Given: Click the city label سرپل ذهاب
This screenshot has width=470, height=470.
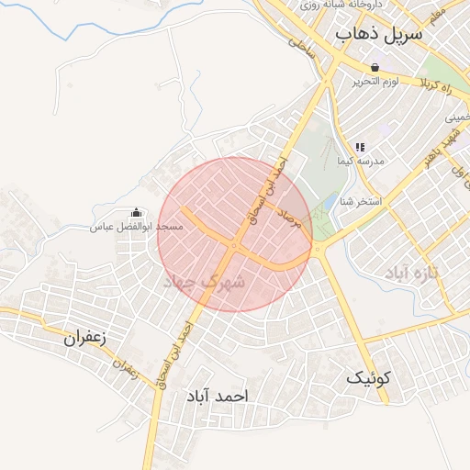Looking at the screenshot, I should pos(379,35).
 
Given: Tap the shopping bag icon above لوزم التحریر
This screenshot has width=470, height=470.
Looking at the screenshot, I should pos(375,67).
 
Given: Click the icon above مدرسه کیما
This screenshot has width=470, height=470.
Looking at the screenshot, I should pos(360,147).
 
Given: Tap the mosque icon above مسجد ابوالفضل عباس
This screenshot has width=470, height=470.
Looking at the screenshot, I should pos(137,212).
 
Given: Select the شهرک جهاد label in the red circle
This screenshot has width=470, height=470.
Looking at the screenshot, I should pos(204,283).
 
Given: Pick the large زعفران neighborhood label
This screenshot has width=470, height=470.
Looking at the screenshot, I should pos(85,337).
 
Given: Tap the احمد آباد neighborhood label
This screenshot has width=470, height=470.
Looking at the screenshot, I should pos(218,396).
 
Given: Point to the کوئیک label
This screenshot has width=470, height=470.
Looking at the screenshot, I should pos(369,376).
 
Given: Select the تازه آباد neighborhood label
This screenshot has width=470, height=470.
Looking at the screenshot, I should pos(413,272).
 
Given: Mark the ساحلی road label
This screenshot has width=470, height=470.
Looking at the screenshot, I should pos(302,49).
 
